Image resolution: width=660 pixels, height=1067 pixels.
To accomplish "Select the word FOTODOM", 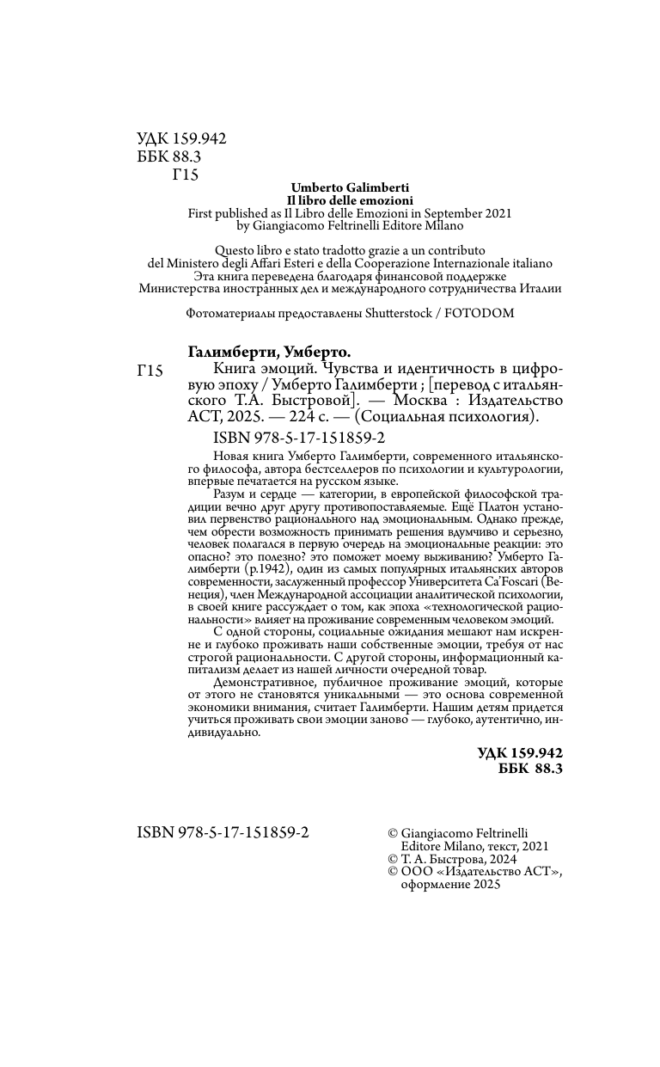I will (x=479, y=313).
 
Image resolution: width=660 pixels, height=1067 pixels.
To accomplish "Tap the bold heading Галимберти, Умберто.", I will (x=269, y=352).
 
